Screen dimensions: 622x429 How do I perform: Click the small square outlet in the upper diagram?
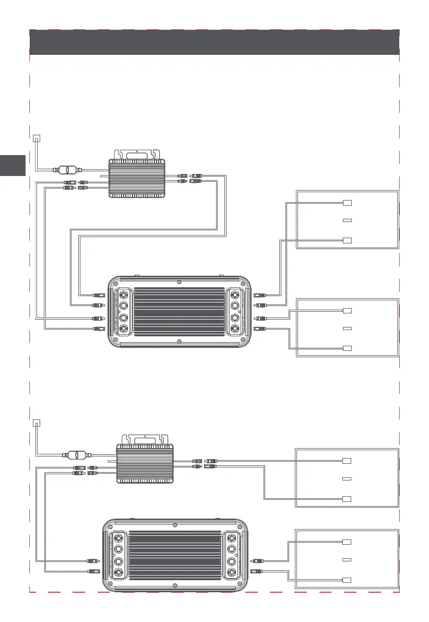(36, 138)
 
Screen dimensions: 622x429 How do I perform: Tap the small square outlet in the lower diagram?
(36, 423)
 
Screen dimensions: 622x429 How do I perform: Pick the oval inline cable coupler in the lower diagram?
(74, 455)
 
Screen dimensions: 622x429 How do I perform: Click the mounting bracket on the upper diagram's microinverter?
(137, 155)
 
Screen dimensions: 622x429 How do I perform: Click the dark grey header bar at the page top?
(214, 42)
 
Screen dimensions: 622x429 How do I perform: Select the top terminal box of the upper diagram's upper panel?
(348, 203)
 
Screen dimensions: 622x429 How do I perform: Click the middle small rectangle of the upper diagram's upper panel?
(348, 221)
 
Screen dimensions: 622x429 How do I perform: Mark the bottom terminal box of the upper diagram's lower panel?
(348, 348)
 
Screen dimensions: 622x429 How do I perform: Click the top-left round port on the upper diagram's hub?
(124, 294)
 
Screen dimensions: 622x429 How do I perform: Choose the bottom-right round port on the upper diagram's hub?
(235, 329)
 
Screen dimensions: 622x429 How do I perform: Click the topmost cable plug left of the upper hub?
(99, 295)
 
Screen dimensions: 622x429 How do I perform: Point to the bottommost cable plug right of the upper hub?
(260, 328)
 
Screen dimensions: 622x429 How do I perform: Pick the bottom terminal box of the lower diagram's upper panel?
(346, 498)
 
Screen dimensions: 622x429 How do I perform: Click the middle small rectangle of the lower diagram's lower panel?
(346, 560)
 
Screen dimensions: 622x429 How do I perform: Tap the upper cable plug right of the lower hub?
(256, 561)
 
